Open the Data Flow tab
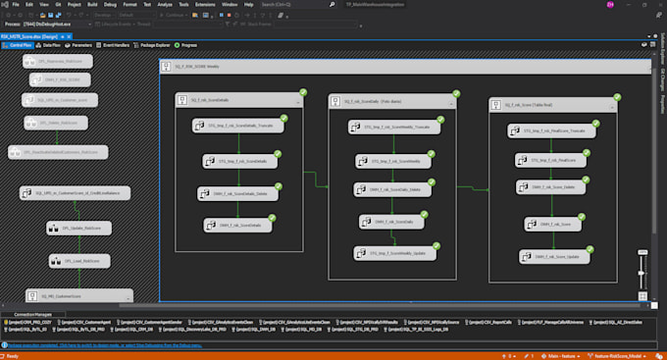pos(50,45)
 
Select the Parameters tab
pos(80,45)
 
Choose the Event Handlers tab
pos(115,45)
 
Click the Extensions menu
pos(205,5)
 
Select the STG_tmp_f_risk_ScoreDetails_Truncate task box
pos(238,126)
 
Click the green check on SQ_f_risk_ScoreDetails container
pos(303,92)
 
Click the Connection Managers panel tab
pos(32,312)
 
